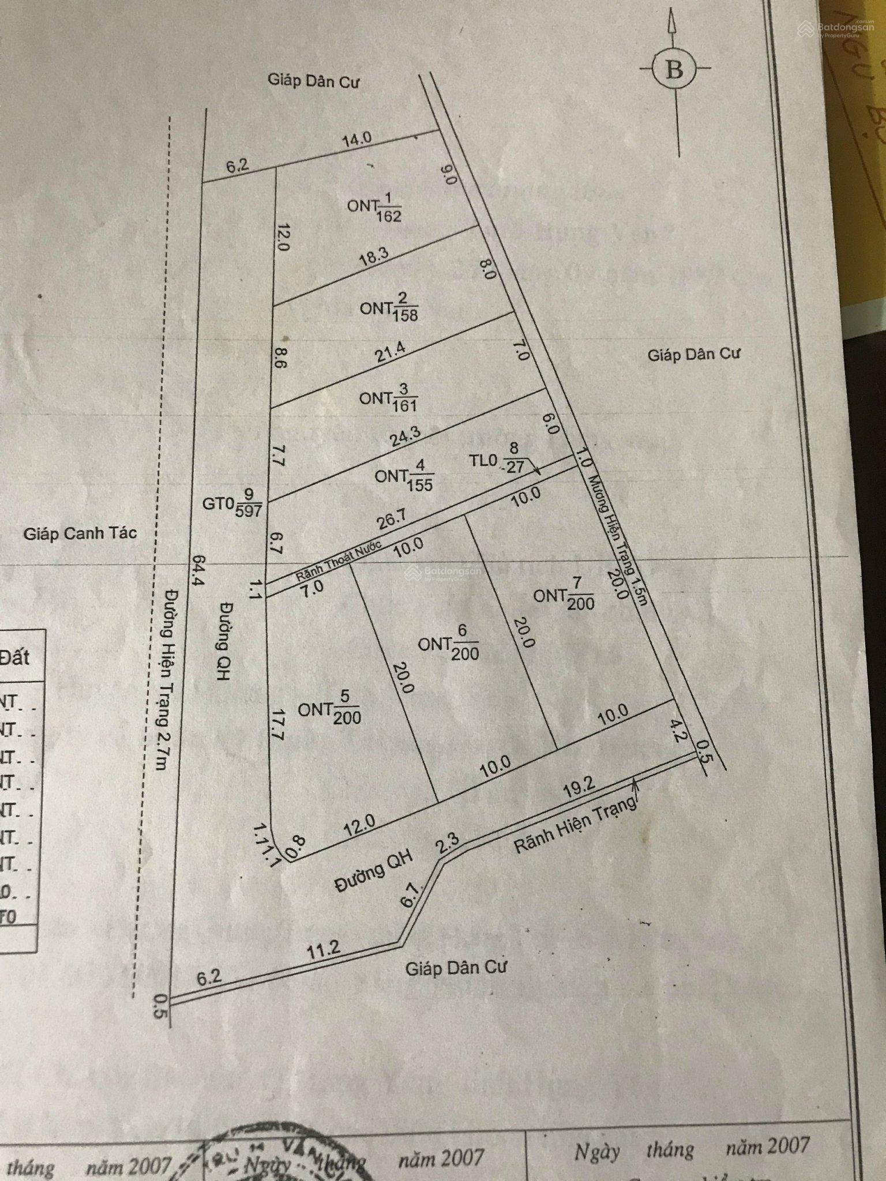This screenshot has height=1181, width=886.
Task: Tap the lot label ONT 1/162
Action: point(374,208)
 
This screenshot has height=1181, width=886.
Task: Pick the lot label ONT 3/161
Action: point(388,398)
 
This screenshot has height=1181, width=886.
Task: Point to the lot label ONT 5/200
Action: point(329,709)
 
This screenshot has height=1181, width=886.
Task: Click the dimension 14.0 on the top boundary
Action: point(356,140)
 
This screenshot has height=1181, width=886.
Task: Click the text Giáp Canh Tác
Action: point(80,533)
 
